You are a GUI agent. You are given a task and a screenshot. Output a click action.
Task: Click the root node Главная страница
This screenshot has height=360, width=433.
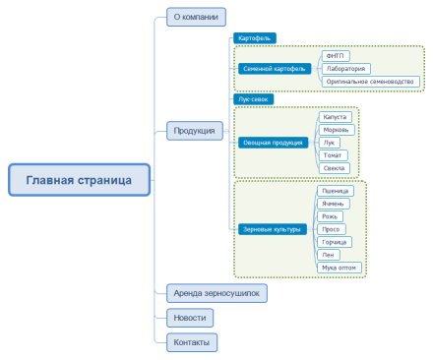click(x=80, y=179)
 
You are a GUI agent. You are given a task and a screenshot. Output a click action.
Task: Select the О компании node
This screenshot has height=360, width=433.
click(x=195, y=17)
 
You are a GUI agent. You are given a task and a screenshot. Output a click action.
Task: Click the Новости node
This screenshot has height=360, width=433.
click(x=190, y=318)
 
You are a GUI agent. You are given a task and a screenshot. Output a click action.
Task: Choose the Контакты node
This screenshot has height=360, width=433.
click(x=190, y=342)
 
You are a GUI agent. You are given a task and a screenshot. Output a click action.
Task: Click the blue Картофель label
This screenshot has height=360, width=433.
click(x=254, y=38)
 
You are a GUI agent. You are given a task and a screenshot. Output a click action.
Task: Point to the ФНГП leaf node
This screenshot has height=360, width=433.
click(x=336, y=56)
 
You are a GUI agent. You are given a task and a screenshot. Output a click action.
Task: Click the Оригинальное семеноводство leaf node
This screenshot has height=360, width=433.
click(x=370, y=82)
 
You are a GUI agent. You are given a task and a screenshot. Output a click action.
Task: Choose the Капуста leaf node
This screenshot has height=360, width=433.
click(x=336, y=117)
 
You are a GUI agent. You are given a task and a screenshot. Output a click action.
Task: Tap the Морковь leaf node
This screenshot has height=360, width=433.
click(x=337, y=130)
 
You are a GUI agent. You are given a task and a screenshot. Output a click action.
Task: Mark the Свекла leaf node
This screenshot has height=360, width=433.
click(x=335, y=167)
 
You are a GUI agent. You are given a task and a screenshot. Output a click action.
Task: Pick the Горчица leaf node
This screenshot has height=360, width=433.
click(x=337, y=241)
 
